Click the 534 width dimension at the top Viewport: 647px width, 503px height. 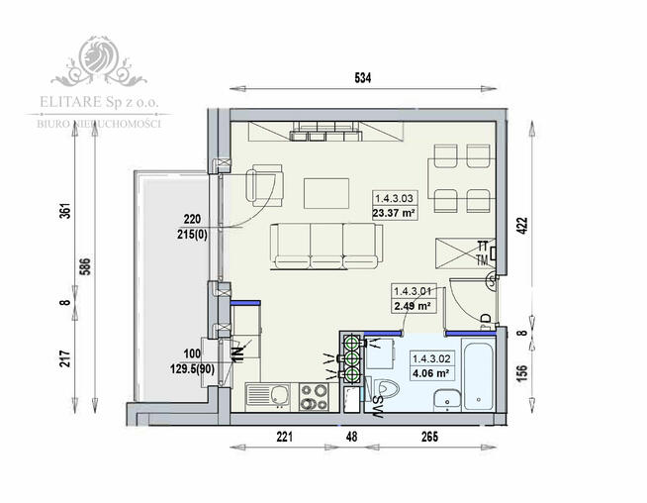(362, 78)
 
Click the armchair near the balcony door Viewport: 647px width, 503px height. (263, 184)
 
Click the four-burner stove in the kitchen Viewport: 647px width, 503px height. (316, 397)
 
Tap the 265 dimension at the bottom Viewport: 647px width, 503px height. (428, 434)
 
